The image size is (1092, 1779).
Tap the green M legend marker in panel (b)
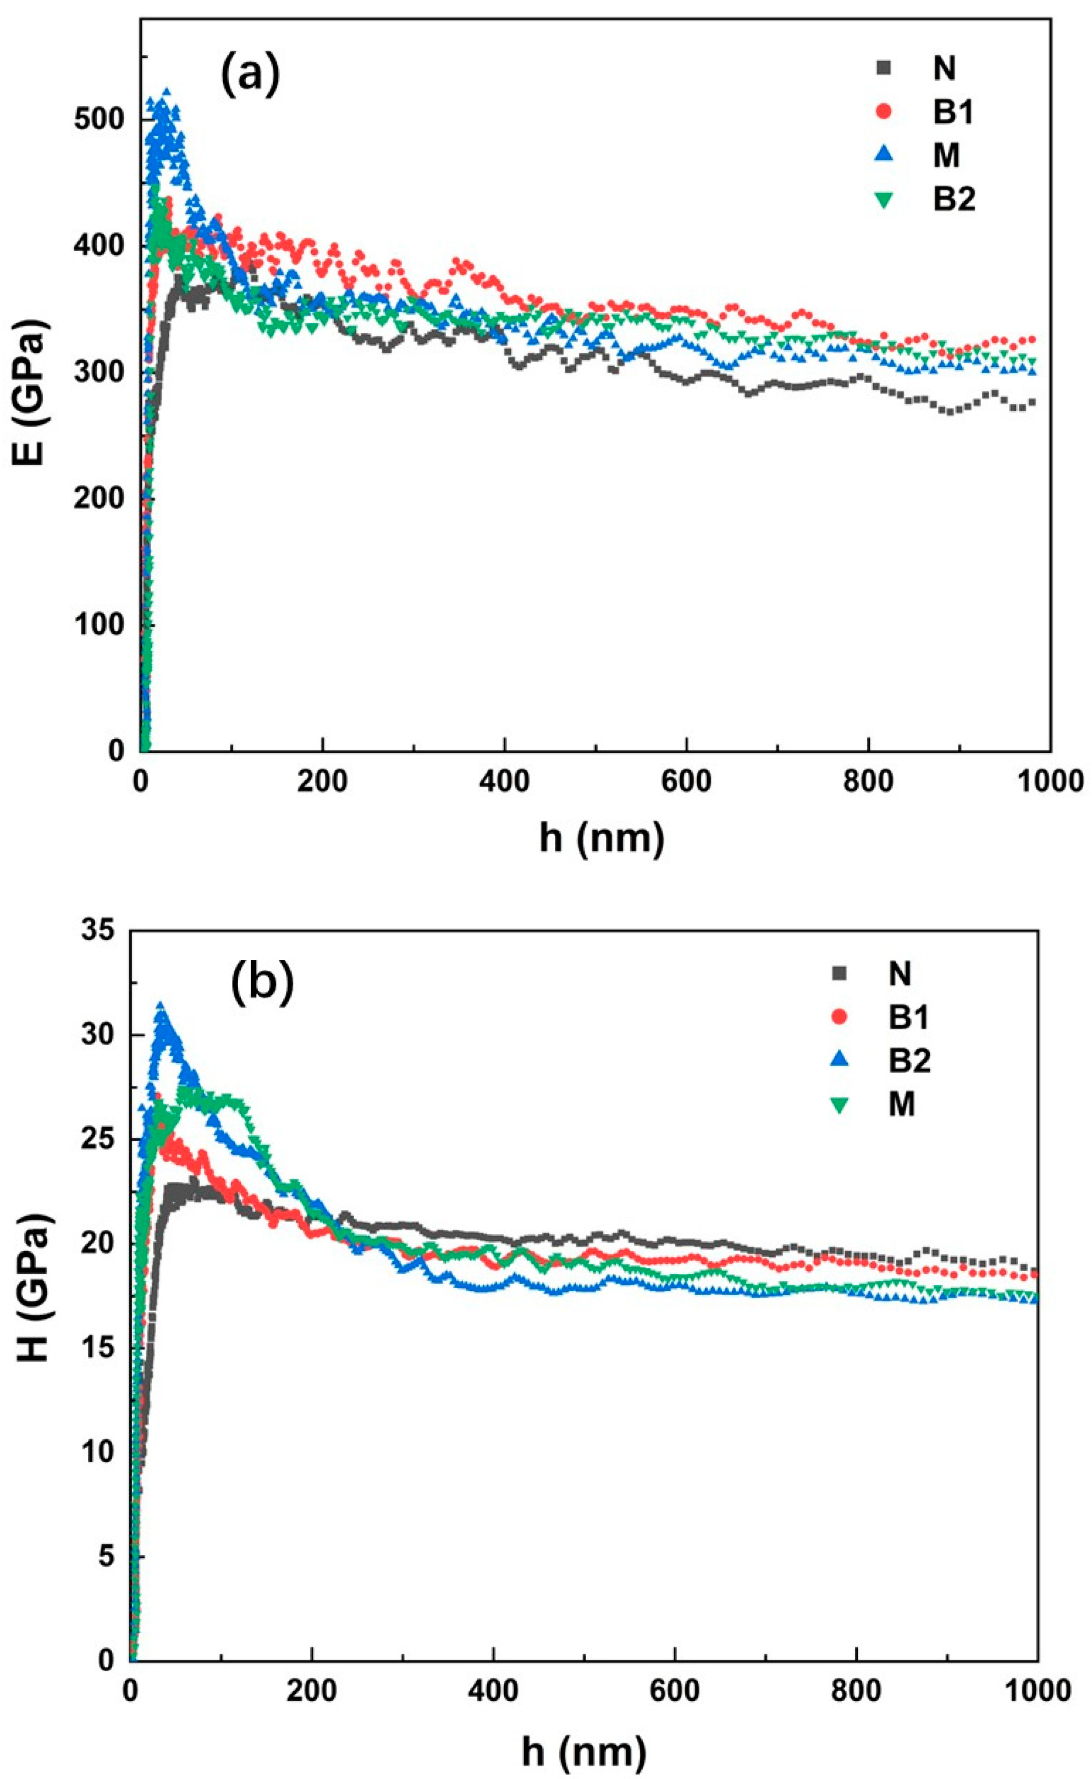tap(839, 1104)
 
